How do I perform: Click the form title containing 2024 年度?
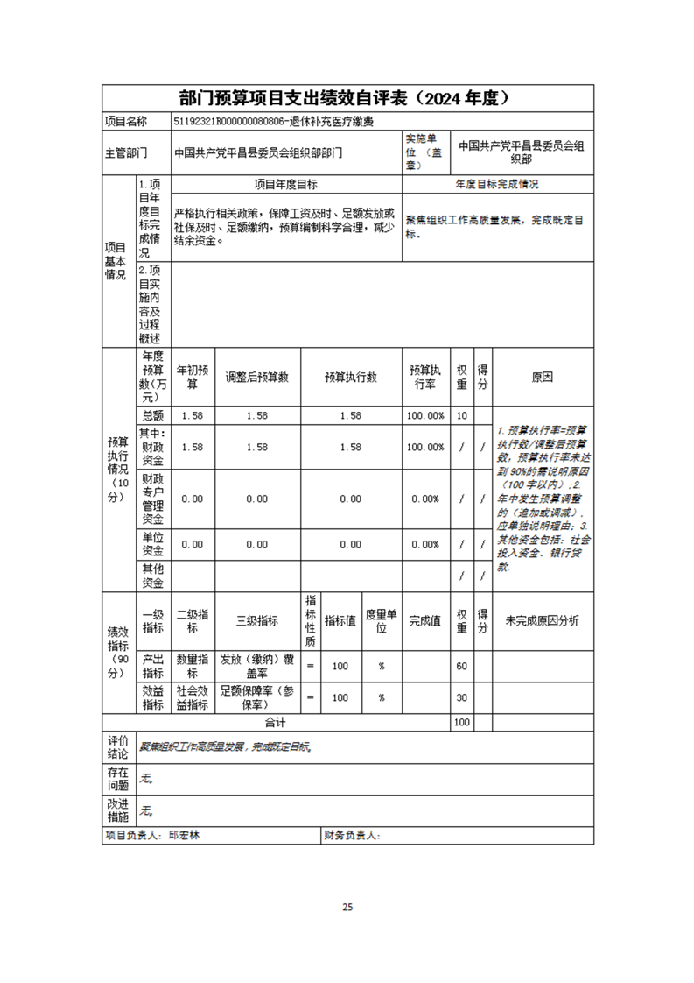(x=347, y=97)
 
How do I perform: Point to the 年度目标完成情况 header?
(x=497, y=185)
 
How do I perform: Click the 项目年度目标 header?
(x=286, y=185)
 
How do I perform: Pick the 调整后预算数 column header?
(x=257, y=378)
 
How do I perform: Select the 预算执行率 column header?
(x=425, y=378)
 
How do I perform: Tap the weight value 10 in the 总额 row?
(x=462, y=415)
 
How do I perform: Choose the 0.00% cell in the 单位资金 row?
(x=425, y=544)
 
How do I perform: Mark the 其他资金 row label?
(x=153, y=576)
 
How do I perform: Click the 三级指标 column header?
(x=257, y=621)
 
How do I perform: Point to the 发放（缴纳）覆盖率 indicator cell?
(x=257, y=666)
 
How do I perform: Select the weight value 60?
(x=462, y=666)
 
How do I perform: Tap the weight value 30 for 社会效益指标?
(x=462, y=697)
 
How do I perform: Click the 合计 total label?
(x=276, y=723)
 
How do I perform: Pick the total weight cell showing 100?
(x=462, y=723)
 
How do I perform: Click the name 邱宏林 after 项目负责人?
(x=185, y=837)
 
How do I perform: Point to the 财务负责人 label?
(x=351, y=837)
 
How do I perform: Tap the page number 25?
(x=347, y=907)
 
